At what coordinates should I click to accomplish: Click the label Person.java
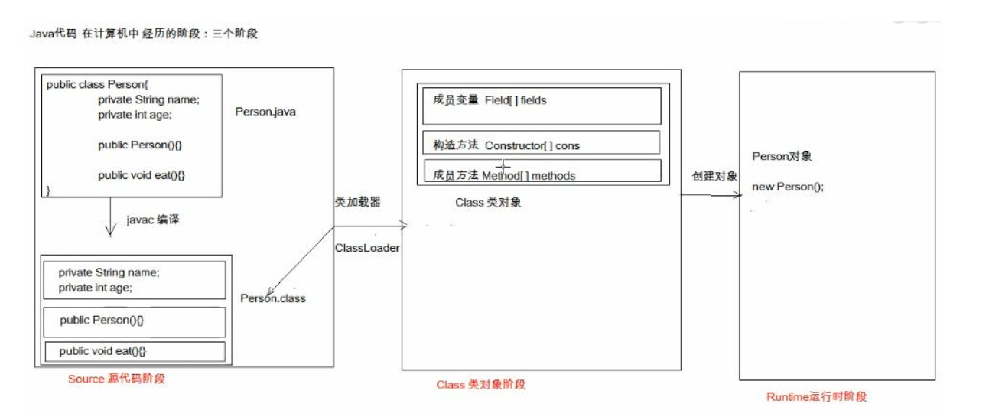[x=265, y=112]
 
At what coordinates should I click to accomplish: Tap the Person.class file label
[x=272, y=298]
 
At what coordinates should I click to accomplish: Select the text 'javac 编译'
[x=152, y=220]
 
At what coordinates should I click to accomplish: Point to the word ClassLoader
[x=366, y=249]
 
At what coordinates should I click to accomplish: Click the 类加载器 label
[x=357, y=202]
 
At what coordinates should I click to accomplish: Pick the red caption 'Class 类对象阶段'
[x=480, y=385]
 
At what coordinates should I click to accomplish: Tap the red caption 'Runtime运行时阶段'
[x=816, y=397]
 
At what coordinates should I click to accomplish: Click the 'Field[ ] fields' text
[x=515, y=100]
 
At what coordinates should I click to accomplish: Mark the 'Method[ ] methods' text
[x=528, y=176]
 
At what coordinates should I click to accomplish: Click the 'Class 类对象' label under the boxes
[x=488, y=203]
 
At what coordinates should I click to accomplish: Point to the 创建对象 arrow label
[x=714, y=176]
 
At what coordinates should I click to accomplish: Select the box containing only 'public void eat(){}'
[x=134, y=351]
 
